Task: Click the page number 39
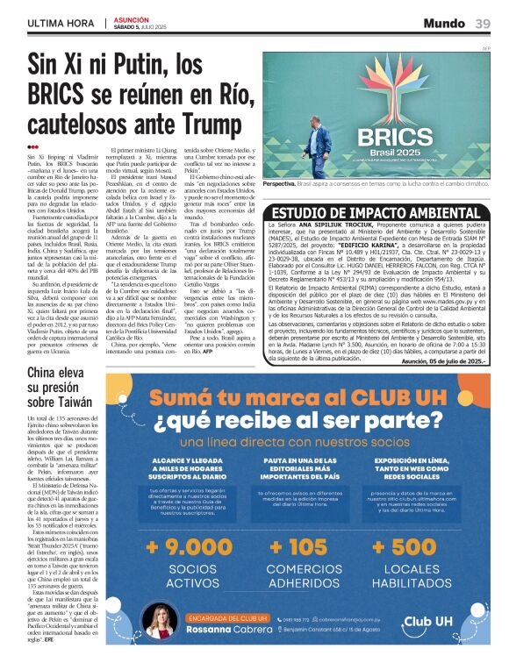[x=483, y=23]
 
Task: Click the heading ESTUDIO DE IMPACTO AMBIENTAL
[x=377, y=213]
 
